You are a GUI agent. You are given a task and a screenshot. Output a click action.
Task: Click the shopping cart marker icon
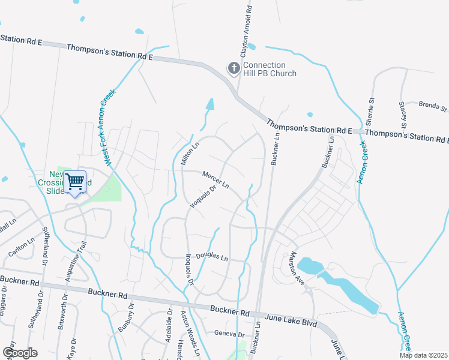point(75,181)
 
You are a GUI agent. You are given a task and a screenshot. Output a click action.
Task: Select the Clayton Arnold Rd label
point(245,30)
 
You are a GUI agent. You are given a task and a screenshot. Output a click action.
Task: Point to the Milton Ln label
point(190,154)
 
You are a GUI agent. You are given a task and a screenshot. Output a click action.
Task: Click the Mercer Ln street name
point(216,179)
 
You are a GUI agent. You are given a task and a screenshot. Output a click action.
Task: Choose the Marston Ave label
point(297,267)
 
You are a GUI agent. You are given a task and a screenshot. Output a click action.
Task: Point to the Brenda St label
point(433,106)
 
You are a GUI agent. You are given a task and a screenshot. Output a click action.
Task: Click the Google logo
point(20,353)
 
